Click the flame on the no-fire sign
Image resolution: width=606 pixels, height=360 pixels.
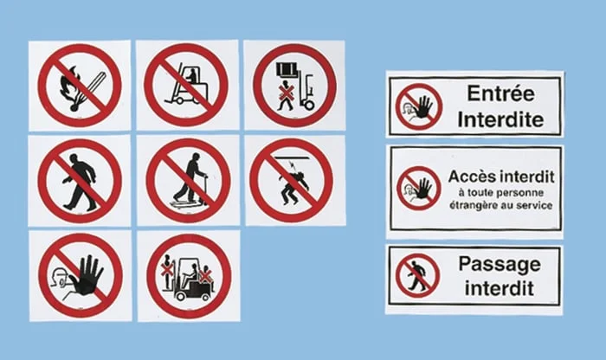pyautogui.click(x=69, y=86)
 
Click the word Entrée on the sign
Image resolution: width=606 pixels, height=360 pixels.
pyautogui.click(x=501, y=93)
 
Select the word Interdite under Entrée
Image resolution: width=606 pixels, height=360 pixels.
pyautogui.click(x=501, y=119)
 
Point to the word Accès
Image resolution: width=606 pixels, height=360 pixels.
pyautogui.click(x=472, y=177)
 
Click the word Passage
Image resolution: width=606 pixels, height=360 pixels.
pyautogui.click(x=500, y=264)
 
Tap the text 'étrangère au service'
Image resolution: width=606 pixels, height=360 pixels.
pyautogui.click(x=501, y=205)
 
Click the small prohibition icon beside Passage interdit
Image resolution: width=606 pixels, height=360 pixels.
pyautogui.click(x=418, y=276)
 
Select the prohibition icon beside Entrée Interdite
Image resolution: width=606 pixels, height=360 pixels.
pyautogui.click(x=419, y=106)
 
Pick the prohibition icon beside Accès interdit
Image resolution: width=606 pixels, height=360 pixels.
pyautogui.click(x=419, y=189)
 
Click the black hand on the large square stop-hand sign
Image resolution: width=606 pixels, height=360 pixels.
pyautogui.click(x=90, y=276)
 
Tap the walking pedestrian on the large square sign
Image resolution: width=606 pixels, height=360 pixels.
pyautogui.click(x=81, y=182)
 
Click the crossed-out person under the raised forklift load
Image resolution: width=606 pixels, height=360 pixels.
pyautogui.click(x=286, y=95)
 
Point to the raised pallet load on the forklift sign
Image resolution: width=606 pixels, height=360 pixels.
pyautogui.click(x=287, y=69)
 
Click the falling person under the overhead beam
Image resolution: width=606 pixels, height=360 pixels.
pyautogui.click(x=293, y=184)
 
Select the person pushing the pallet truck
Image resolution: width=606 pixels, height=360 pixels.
pyautogui.click(x=190, y=177)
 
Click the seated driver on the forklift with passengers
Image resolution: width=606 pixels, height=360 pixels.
pyautogui.click(x=192, y=273)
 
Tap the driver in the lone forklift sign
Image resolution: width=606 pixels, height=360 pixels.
pyautogui.click(x=191, y=76)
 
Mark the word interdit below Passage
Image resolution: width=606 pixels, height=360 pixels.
pyautogui.click(x=500, y=288)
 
